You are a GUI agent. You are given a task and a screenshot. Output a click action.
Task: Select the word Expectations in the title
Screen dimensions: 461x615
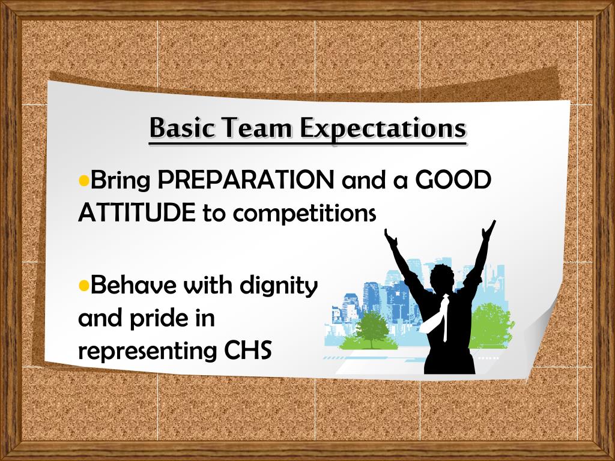pyautogui.click(x=383, y=128)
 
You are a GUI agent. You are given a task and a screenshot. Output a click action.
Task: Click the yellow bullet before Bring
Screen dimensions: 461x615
pyautogui.click(x=84, y=179)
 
